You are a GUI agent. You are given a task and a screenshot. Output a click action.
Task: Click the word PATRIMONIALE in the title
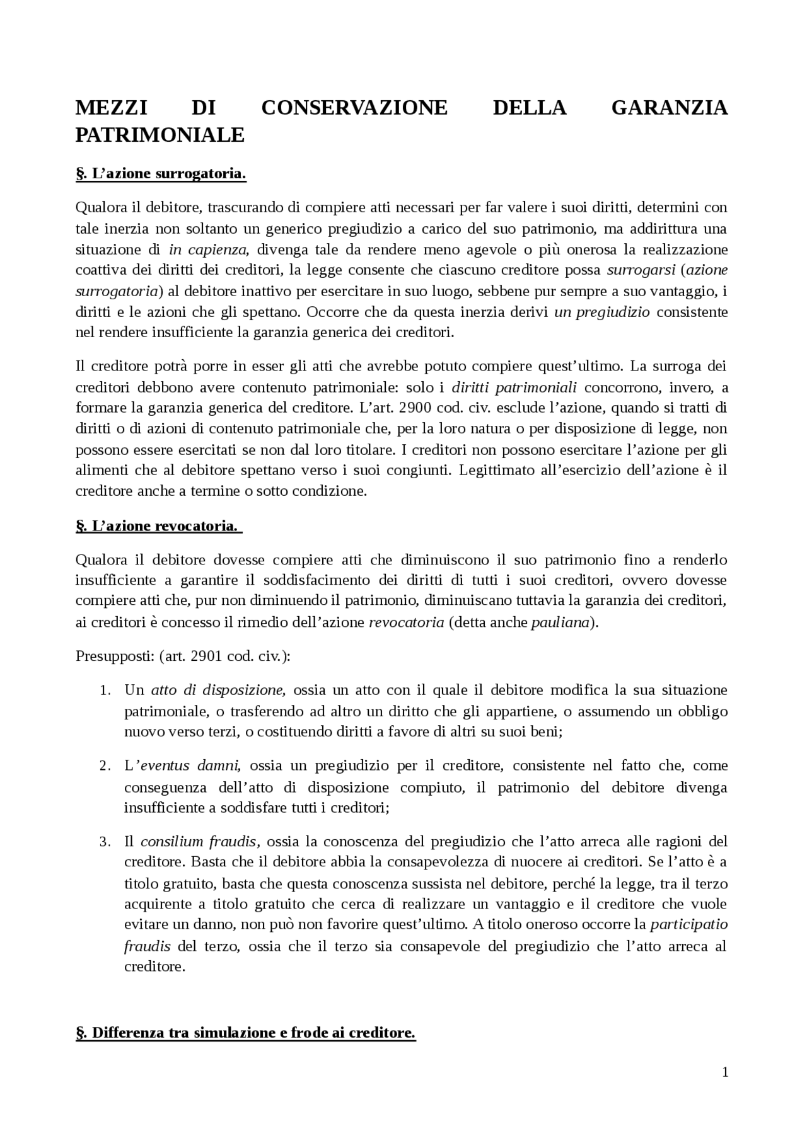pos(160,135)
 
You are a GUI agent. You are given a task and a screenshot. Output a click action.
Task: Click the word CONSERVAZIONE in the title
pos(354,108)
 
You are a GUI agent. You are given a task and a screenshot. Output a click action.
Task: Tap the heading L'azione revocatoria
pos(158,525)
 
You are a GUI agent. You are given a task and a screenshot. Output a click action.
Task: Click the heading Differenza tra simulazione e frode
pos(245,1033)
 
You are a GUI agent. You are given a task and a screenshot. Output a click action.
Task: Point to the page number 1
pos(725,1072)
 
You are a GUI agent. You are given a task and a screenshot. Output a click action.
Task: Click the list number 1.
pos(105,691)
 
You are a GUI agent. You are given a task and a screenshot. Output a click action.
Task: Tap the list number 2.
pos(105,766)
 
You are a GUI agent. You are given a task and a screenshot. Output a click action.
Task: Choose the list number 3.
pos(105,842)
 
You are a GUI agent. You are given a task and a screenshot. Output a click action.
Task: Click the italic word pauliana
pos(560,622)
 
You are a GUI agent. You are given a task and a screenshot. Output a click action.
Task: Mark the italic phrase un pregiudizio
pos(601,312)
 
